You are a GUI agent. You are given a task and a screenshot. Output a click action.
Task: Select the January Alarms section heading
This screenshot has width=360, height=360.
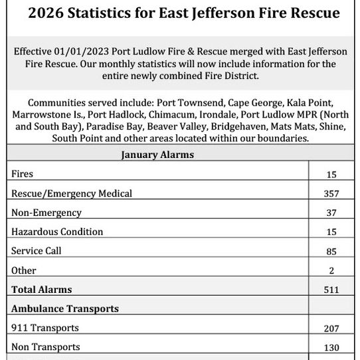157,155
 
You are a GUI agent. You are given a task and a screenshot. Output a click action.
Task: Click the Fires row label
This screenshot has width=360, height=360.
23,174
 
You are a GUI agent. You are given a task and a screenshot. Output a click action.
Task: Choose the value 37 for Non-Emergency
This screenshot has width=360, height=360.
332,213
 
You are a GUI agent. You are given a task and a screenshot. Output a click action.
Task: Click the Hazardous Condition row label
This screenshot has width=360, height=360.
57,232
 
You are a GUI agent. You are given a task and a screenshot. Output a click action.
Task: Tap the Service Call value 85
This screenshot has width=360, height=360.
332,252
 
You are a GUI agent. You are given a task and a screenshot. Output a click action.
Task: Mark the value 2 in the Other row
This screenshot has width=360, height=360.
332,271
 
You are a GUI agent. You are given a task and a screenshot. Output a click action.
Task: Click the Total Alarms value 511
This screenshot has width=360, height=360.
332,290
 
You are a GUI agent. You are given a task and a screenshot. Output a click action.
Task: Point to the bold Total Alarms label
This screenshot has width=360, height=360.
41,290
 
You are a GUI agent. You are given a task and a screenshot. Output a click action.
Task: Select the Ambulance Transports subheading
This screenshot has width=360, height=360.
65,309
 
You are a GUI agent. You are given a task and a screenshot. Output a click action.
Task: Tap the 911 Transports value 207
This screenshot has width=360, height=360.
332,329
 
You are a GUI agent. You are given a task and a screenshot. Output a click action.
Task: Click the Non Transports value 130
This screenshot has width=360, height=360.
332,348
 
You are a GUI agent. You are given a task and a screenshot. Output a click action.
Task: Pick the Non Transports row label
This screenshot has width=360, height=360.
46,347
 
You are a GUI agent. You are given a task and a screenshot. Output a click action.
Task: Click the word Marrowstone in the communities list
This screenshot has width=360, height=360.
42,115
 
